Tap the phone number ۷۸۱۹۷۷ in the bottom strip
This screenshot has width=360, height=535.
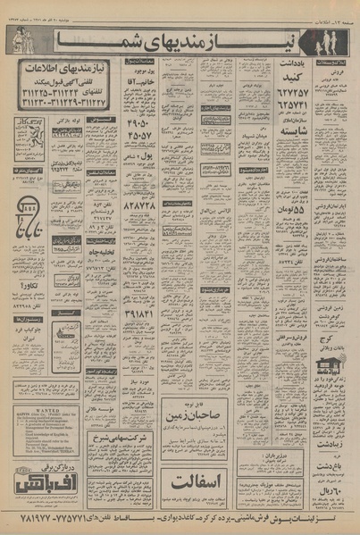(x=28, y=519)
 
